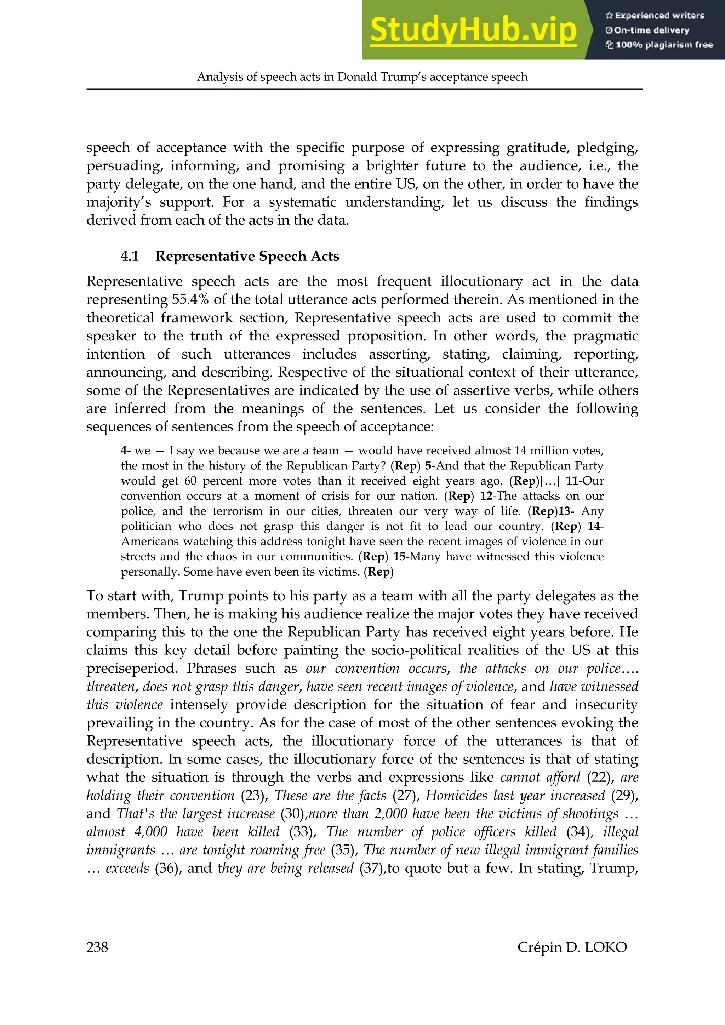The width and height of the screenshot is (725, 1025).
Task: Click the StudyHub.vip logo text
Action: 473,30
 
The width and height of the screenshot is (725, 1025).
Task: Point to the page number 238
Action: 97,947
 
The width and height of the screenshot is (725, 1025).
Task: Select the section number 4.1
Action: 130,256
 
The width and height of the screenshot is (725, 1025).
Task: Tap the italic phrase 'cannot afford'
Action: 540,777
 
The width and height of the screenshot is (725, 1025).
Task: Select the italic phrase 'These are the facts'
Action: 330,796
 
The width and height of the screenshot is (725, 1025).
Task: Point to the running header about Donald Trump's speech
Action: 362,77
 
